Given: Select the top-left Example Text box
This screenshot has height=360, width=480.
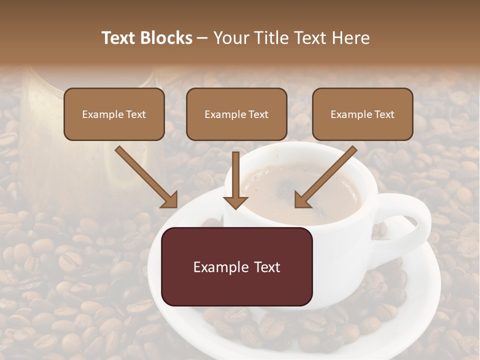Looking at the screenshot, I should coord(114,114).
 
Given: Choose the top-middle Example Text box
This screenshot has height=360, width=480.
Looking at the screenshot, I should coord(236,114).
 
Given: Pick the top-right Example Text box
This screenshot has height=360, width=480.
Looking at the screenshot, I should coord(362,114).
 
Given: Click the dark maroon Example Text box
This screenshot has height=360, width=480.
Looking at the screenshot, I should coord(237,266).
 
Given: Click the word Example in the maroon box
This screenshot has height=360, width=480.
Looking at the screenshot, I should coord(215,267).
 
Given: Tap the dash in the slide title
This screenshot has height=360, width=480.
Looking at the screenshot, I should coord(203,38).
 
